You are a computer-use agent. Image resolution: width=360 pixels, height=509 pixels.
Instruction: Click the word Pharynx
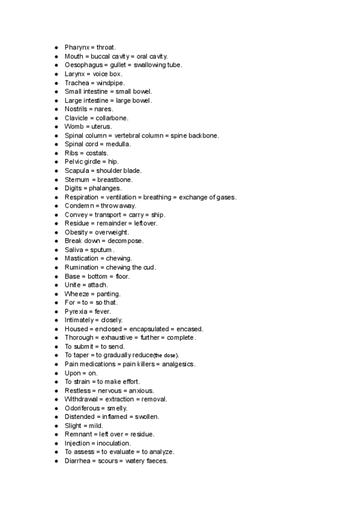tap(77, 47)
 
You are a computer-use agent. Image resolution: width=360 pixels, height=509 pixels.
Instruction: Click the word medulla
tap(118, 144)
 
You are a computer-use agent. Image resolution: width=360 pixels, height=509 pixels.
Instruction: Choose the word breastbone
tap(115, 179)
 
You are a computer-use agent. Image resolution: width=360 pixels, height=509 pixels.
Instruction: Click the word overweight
tap(112, 232)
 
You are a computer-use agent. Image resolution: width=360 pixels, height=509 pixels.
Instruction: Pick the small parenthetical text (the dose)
tap(166, 355)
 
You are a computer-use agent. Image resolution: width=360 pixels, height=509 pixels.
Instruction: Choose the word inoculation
tap(115, 443)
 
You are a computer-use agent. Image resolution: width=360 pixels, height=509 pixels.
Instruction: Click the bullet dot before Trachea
tap(56, 83)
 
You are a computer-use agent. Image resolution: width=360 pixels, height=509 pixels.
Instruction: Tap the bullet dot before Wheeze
tap(56, 294)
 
